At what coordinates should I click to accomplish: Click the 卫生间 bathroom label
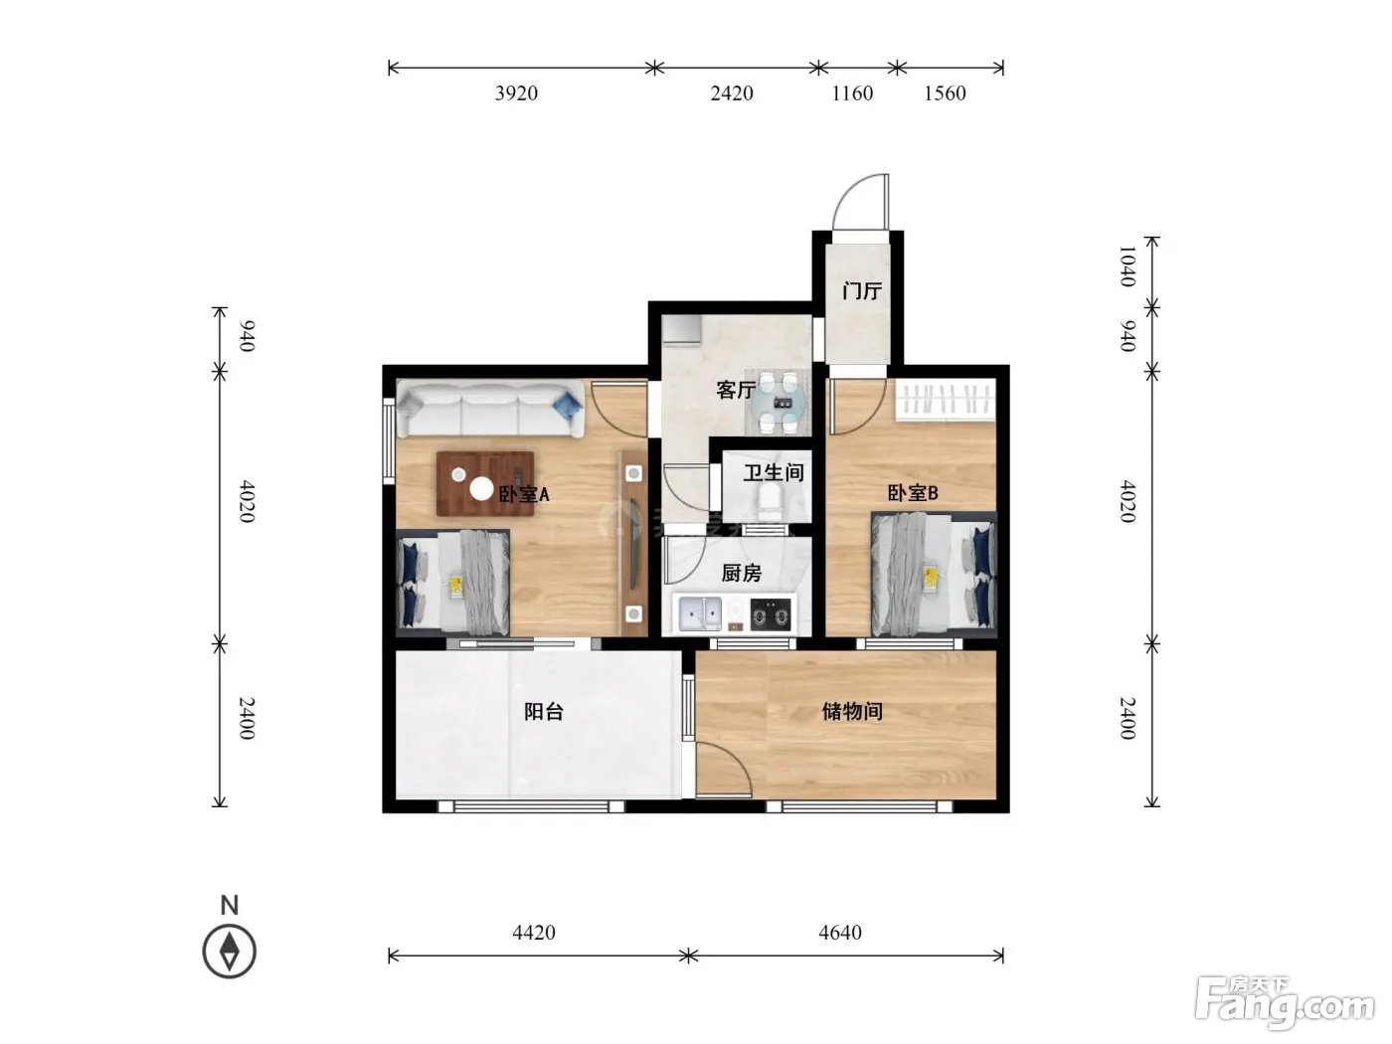tap(773, 472)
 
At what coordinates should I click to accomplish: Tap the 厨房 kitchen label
tap(742, 573)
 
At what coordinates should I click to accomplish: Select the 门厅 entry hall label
tap(862, 291)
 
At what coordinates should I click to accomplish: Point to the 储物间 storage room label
tap(852, 711)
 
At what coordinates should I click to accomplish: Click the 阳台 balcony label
tap(544, 711)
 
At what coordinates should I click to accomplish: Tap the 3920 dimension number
tap(516, 93)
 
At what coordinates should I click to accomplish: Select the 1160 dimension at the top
tap(852, 93)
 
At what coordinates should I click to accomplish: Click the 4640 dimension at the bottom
tap(839, 933)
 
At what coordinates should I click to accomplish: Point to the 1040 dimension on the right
tap(1127, 266)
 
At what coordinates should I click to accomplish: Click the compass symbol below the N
tap(229, 952)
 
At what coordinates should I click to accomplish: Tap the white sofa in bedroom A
tap(490, 409)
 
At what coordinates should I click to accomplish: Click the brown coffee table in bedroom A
tap(485, 483)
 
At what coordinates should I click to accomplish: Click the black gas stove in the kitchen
tap(771, 614)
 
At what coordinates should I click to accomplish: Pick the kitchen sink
tap(700, 613)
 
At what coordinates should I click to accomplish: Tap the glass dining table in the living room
tap(779, 402)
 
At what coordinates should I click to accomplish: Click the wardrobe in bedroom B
tap(945, 400)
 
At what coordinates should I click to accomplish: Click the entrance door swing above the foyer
tap(862, 201)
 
